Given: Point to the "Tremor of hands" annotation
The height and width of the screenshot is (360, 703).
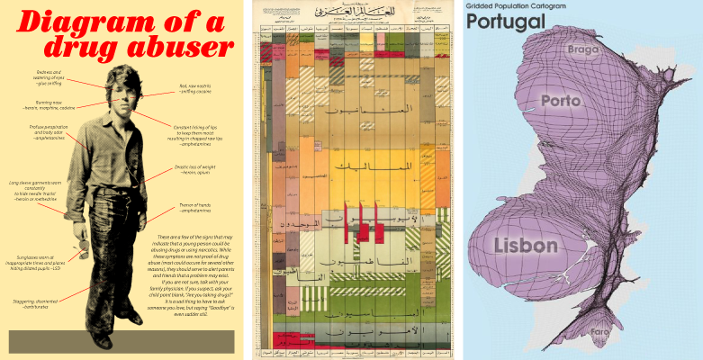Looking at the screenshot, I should [x=201, y=207].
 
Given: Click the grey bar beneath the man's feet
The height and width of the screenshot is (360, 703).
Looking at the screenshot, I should [x=122, y=342].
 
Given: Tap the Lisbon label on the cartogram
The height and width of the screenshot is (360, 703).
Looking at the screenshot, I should [x=526, y=245].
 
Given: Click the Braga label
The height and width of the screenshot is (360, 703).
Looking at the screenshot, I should [x=584, y=50].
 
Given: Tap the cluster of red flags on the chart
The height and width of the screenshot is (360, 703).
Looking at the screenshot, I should [x=363, y=224].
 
